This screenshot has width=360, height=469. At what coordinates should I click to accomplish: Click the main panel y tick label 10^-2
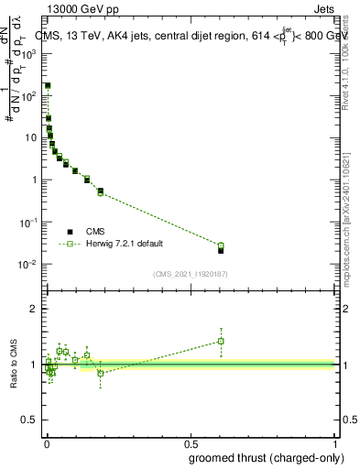click(30, 264)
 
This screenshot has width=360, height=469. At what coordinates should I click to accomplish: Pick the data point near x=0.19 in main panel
click(100, 191)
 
